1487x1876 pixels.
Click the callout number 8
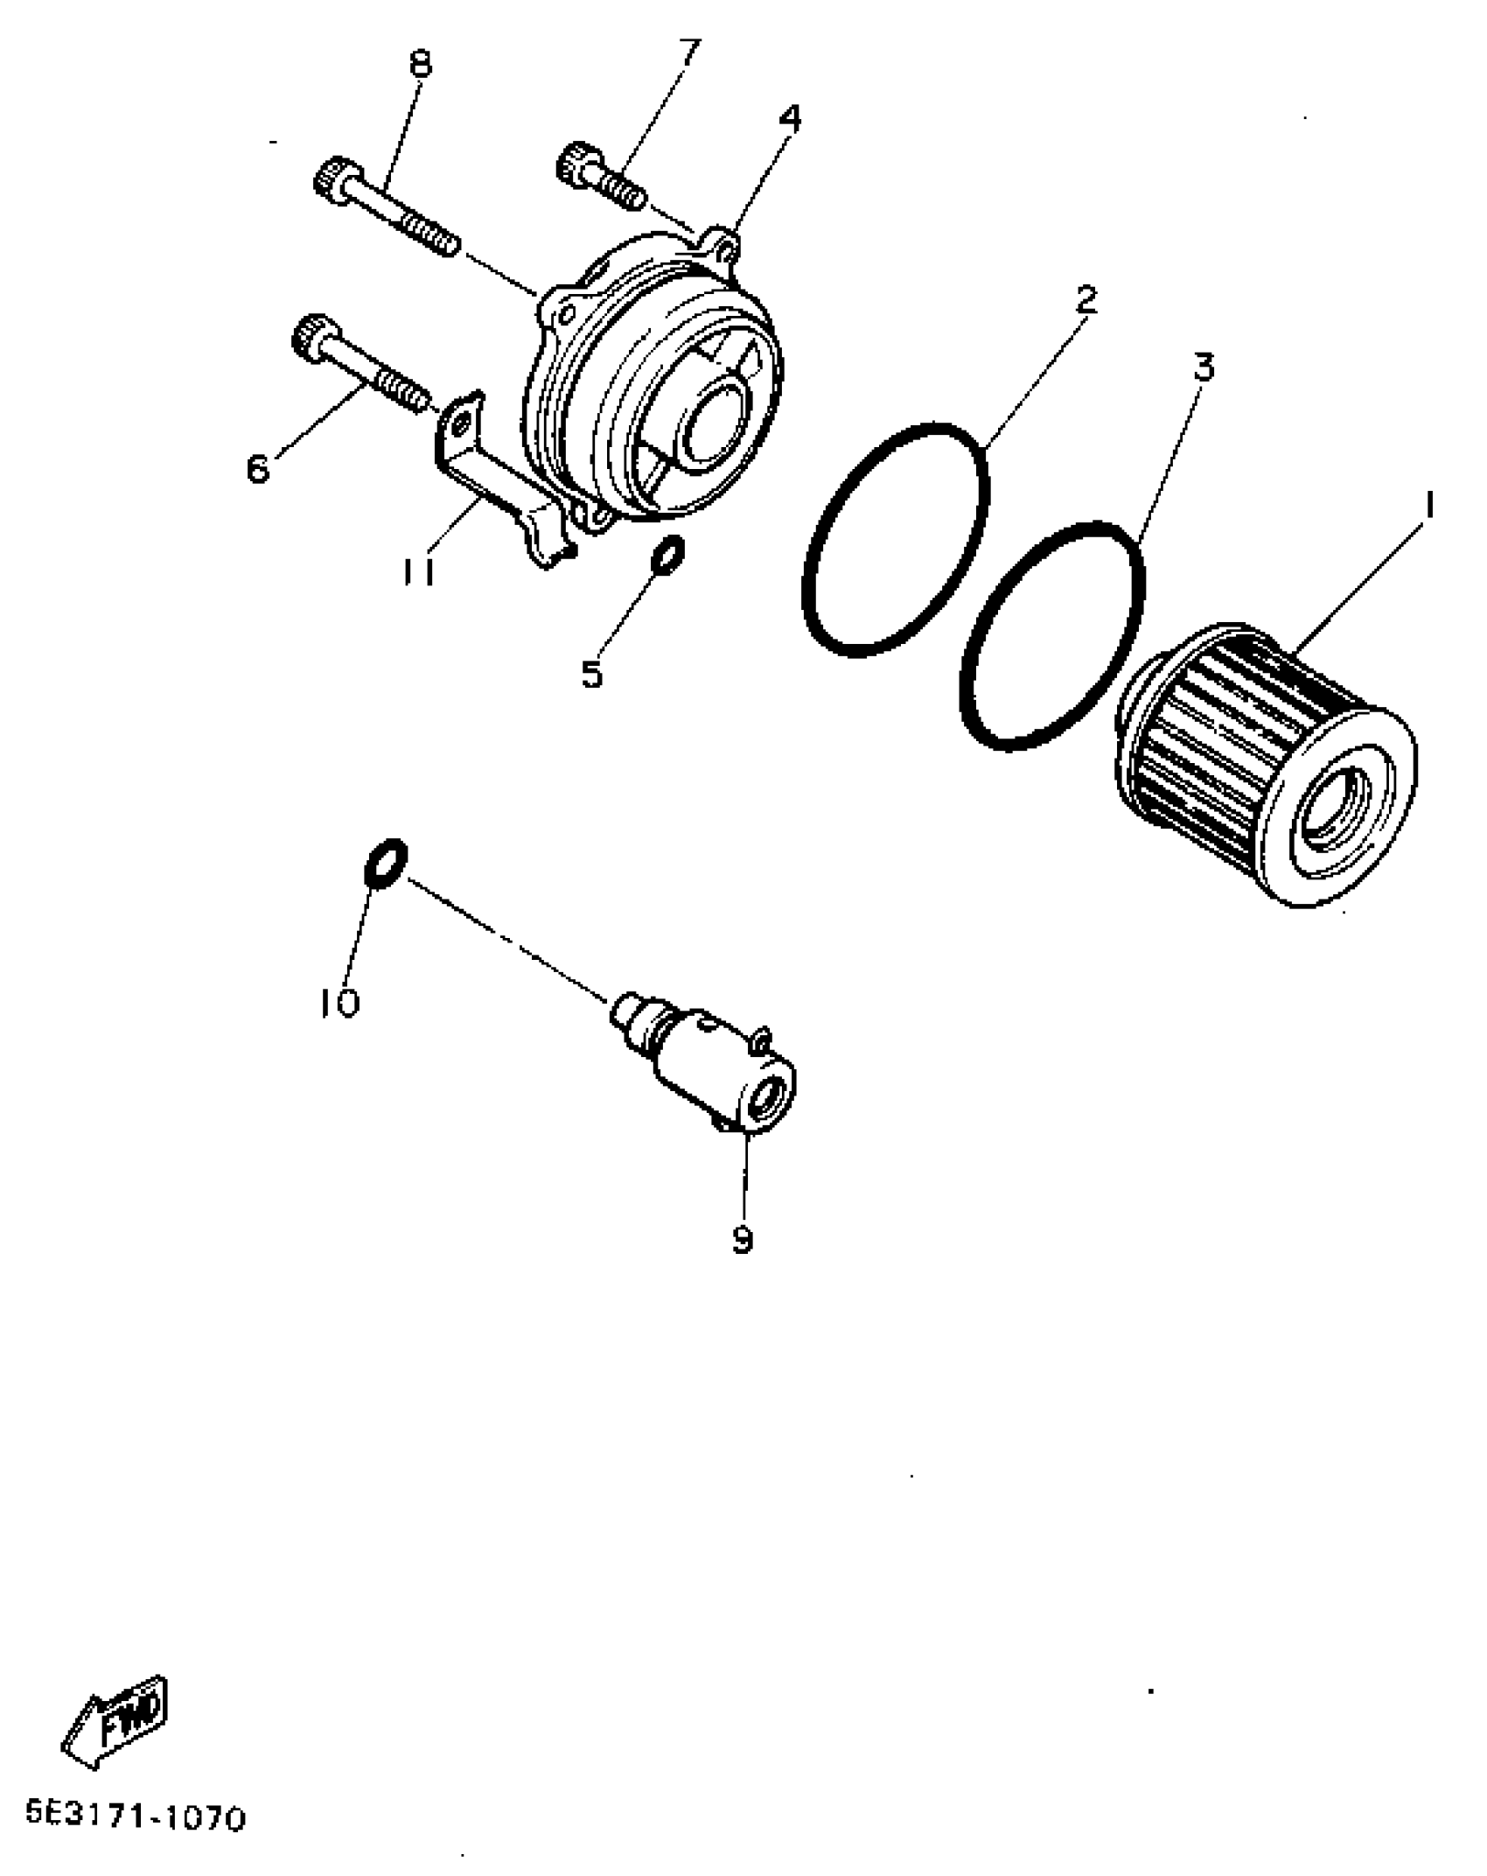tap(421, 63)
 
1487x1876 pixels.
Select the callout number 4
tap(790, 119)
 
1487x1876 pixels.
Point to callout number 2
tap(1085, 300)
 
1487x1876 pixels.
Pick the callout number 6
tap(259, 468)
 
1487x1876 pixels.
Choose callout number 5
tap(592, 674)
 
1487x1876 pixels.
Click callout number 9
tap(742, 1239)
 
